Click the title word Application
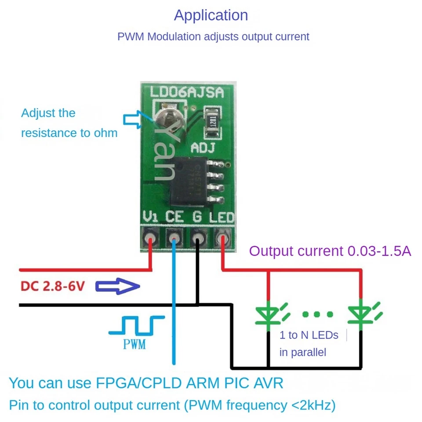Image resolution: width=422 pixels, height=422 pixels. point(211,15)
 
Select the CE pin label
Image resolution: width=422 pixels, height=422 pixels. point(175,217)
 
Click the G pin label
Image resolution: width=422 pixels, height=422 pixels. point(198,217)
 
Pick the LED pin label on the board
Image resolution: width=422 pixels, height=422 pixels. point(222,217)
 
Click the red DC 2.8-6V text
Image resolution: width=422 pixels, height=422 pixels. point(52,287)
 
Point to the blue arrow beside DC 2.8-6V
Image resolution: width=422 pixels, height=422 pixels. point(117,287)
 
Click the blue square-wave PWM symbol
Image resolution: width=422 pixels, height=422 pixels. point(136,326)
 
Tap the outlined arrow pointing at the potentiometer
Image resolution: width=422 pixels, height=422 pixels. point(133,118)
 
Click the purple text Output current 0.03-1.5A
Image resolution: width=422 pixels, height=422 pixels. point(330,251)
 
